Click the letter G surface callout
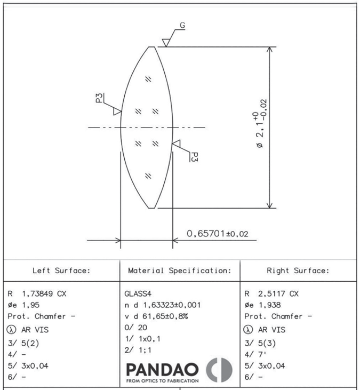(182, 26)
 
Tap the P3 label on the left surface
(99, 98)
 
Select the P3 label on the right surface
(194, 157)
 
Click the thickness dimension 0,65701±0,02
(217, 234)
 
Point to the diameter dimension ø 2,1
(260, 124)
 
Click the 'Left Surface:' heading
(61, 270)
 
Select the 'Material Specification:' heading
(180, 270)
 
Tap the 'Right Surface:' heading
(298, 270)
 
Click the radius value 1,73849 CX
(44, 294)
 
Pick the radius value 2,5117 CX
(278, 294)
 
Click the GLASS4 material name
(138, 294)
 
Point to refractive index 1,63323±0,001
(172, 305)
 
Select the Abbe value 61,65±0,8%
(165, 316)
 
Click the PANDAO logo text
(162, 370)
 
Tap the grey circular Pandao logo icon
(219, 370)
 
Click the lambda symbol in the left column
(11, 330)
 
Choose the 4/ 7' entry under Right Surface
(255, 354)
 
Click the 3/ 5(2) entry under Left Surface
(23, 343)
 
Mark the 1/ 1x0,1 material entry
(142, 339)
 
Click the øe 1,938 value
(262, 305)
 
